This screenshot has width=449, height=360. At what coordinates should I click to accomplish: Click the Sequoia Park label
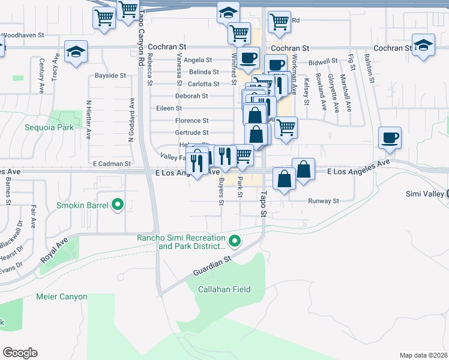click(x=49, y=127)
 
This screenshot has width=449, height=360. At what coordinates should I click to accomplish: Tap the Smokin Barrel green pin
click(x=118, y=206)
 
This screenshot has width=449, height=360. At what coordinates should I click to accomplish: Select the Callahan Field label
click(x=224, y=289)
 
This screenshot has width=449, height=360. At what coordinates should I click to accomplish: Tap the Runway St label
click(x=324, y=201)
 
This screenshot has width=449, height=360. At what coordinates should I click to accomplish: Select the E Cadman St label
click(x=112, y=163)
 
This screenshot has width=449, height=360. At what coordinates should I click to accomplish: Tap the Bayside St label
click(x=110, y=76)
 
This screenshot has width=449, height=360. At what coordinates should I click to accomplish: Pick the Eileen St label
click(x=169, y=108)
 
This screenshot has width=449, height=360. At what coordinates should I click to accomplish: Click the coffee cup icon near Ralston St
click(x=390, y=137)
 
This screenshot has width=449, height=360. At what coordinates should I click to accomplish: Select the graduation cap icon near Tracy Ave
click(x=76, y=51)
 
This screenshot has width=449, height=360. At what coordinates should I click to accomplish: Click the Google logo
click(x=20, y=353)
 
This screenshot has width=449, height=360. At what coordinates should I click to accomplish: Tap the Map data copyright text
click(x=424, y=355)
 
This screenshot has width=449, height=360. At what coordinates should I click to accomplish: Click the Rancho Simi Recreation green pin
click(x=235, y=242)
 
